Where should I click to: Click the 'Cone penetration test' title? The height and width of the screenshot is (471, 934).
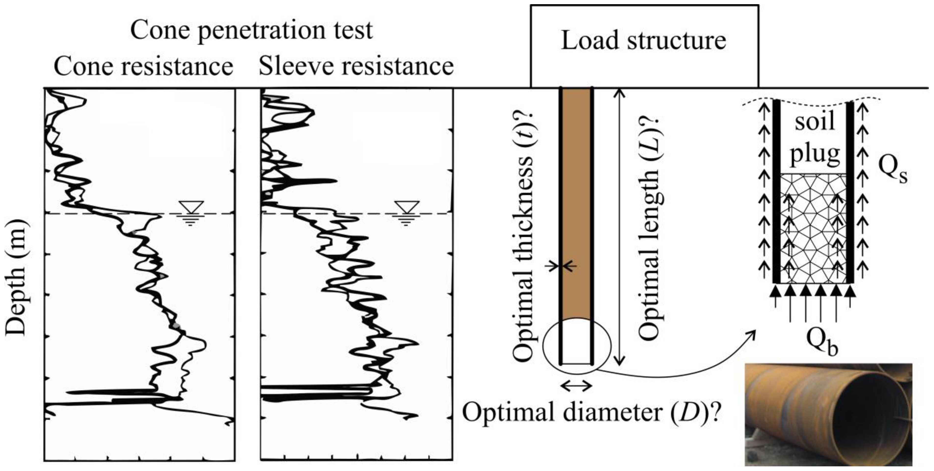point(251,30)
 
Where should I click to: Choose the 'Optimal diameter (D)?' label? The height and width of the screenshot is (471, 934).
point(591,413)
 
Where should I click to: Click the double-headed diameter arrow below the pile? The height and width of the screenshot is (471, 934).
point(576,387)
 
